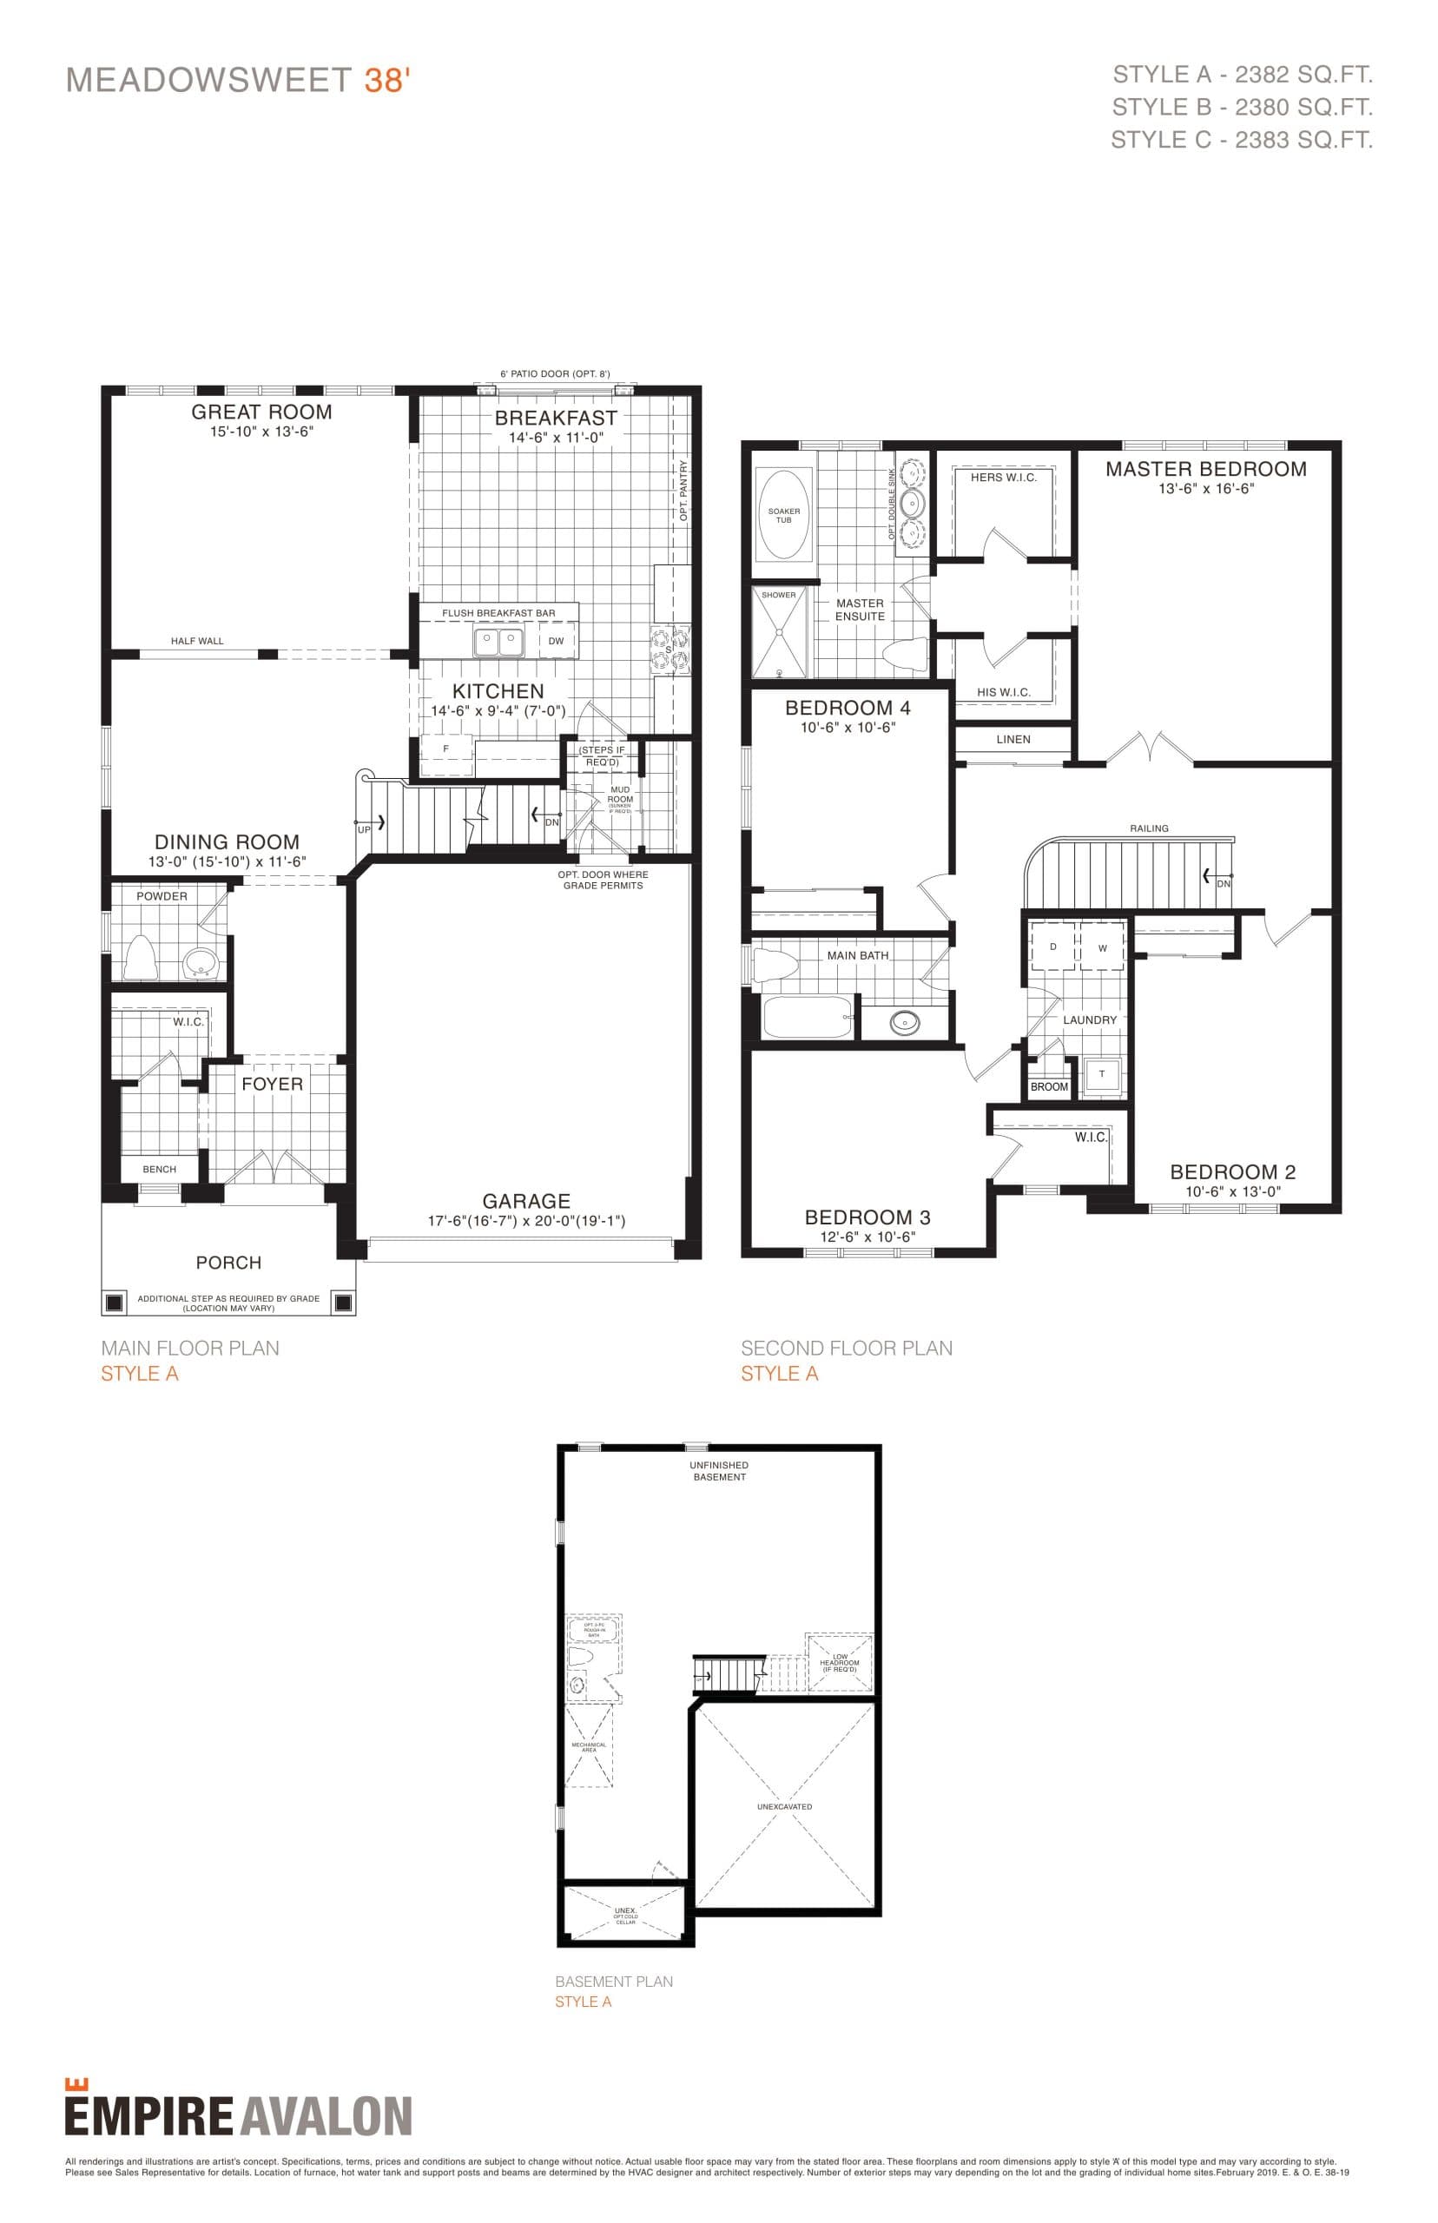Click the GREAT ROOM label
click(x=261, y=412)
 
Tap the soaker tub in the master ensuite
click(x=783, y=515)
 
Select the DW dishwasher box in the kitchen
click(x=557, y=642)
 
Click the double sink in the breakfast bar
click(x=498, y=643)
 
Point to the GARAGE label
click(x=525, y=1202)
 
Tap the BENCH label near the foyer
click(x=160, y=1170)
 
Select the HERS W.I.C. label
click(x=1003, y=478)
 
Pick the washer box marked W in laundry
click(x=1103, y=948)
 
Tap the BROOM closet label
click(x=1049, y=1088)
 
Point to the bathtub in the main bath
click(x=808, y=1017)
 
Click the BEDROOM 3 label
click(x=867, y=1217)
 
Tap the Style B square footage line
click(x=1242, y=108)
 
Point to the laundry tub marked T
click(x=1102, y=1075)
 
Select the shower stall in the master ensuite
click(x=780, y=632)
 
